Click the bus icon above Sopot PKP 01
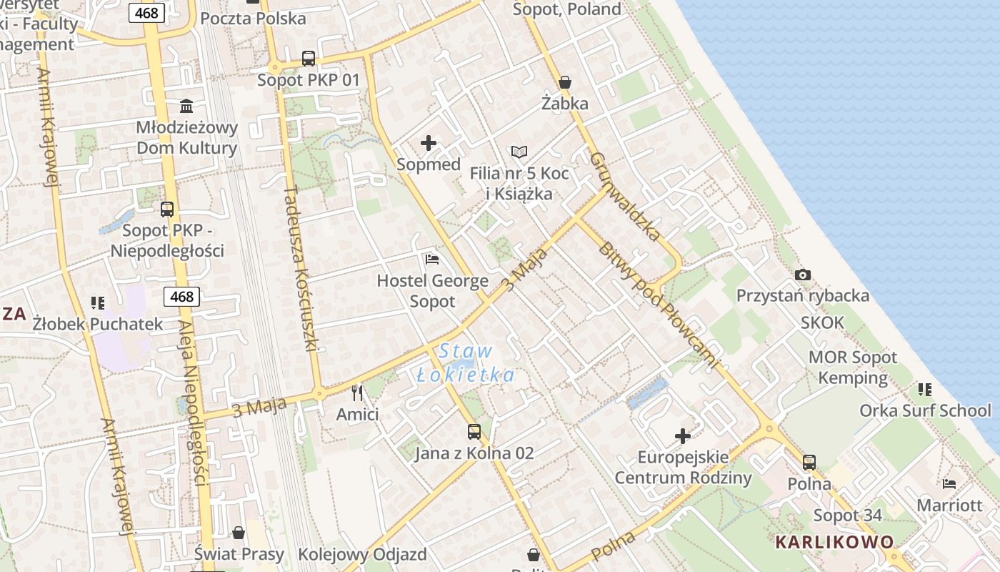(309, 59)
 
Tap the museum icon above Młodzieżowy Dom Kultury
(186, 107)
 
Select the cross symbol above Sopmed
(429, 143)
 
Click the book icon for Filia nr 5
(519, 152)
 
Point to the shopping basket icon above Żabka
(565, 82)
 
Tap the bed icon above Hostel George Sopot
(432, 259)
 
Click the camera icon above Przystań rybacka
(803, 275)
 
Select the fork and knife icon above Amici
(357, 393)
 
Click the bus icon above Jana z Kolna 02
(474, 431)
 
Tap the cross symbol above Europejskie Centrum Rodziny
(683, 435)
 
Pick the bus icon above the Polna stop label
(809, 463)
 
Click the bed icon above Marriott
(949, 484)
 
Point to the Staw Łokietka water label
(466, 363)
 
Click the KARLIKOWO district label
(834, 541)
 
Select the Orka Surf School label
(925, 410)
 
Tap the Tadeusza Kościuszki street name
(301, 268)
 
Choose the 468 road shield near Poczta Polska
(148, 12)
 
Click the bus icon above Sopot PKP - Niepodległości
(167, 209)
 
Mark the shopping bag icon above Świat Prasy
(239, 533)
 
